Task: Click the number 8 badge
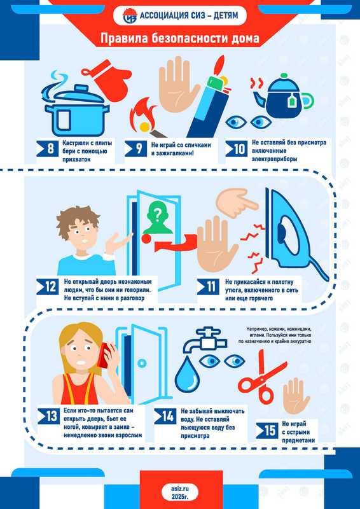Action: point(48,150)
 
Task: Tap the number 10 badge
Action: point(237,149)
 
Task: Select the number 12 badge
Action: point(48,287)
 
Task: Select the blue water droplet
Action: point(187,374)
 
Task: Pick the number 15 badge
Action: point(267,431)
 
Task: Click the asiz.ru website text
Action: point(180,488)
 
